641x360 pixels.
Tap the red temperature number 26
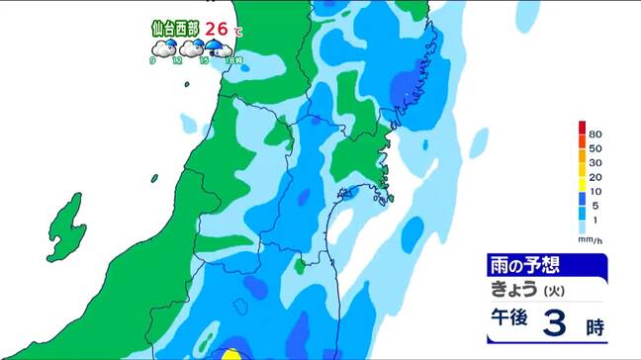point(218,30)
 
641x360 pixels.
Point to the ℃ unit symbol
point(238,33)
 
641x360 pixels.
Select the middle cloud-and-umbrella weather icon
point(188,48)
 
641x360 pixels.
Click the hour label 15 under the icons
point(204,61)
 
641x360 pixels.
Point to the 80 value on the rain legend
point(595,134)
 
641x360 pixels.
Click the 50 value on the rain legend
point(595,147)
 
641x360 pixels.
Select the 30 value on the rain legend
point(595,162)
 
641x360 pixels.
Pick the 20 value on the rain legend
point(595,177)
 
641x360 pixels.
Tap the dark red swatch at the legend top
point(582,128)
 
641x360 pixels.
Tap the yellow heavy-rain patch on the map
point(230,354)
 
